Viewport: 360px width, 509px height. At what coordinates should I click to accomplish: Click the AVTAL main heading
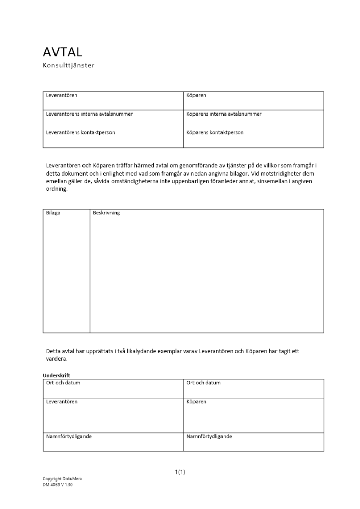click(63, 52)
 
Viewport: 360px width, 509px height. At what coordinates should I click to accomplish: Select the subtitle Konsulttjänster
click(69, 65)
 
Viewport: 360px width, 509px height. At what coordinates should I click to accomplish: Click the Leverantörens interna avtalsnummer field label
click(89, 114)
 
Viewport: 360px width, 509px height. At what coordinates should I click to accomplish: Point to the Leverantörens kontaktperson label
click(80, 133)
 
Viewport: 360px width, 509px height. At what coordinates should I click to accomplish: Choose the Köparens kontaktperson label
click(215, 133)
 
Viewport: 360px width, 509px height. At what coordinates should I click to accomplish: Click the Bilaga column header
click(53, 213)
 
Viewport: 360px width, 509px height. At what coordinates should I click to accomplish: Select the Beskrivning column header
click(106, 213)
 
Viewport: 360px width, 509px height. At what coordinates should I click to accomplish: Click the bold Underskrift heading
click(57, 376)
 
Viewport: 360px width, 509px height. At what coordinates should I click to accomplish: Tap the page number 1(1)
click(180, 472)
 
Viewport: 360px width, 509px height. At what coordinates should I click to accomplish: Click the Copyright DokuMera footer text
click(62, 479)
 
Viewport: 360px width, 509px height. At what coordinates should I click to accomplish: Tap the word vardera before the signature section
click(57, 359)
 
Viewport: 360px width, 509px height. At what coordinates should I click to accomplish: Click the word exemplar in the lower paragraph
click(175, 351)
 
